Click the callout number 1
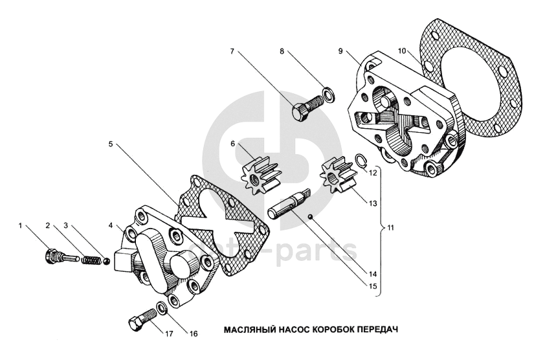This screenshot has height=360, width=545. (x=20, y=226)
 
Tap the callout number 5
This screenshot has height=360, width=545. (x=111, y=144)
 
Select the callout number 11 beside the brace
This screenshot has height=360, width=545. (x=391, y=228)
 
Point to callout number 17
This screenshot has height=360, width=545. (x=169, y=334)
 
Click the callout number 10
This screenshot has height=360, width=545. (x=402, y=51)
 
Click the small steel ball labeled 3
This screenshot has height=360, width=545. (x=107, y=260)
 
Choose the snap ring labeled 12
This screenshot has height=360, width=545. (x=361, y=160)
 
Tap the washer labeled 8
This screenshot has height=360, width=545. (x=329, y=95)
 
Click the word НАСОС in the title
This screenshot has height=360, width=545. (x=294, y=329)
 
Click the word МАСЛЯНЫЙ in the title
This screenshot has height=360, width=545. (x=250, y=329)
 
